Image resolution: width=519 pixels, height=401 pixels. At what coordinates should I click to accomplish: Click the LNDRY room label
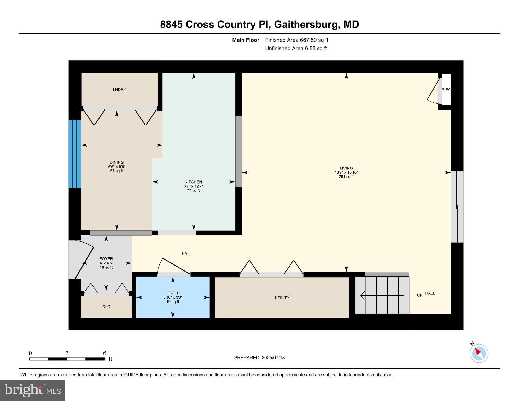click(119, 90)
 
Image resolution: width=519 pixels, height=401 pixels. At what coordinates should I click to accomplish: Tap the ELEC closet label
click(446, 89)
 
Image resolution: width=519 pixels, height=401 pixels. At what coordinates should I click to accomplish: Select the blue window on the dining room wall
click(75, 154)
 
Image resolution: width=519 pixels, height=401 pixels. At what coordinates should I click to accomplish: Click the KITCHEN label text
click(193, 182)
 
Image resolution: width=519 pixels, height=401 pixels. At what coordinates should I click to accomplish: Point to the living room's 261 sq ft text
click(346, 177)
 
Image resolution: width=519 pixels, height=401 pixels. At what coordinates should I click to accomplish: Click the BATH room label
click(173, 293)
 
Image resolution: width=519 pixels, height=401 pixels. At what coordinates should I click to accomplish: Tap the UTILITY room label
click(282, 298)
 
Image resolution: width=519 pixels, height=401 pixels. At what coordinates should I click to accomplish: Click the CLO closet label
click(106, 307)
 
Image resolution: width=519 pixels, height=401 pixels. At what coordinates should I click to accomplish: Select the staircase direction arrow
click(382, 295)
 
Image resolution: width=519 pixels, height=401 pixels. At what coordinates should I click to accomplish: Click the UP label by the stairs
click(419, 295)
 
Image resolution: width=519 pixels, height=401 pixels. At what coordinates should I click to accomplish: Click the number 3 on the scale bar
click(67, 353)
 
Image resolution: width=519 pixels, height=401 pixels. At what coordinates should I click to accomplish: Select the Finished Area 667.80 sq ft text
click(296, 40)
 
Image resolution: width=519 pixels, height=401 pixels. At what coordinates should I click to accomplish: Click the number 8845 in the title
click(171, 25)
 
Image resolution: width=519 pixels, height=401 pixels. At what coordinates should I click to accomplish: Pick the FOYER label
click(106, 259)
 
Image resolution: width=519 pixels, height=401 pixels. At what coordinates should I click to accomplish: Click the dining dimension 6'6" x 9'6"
click(116, 167)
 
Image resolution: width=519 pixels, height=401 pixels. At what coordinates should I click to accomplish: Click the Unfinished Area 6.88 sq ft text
click(296, 48)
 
